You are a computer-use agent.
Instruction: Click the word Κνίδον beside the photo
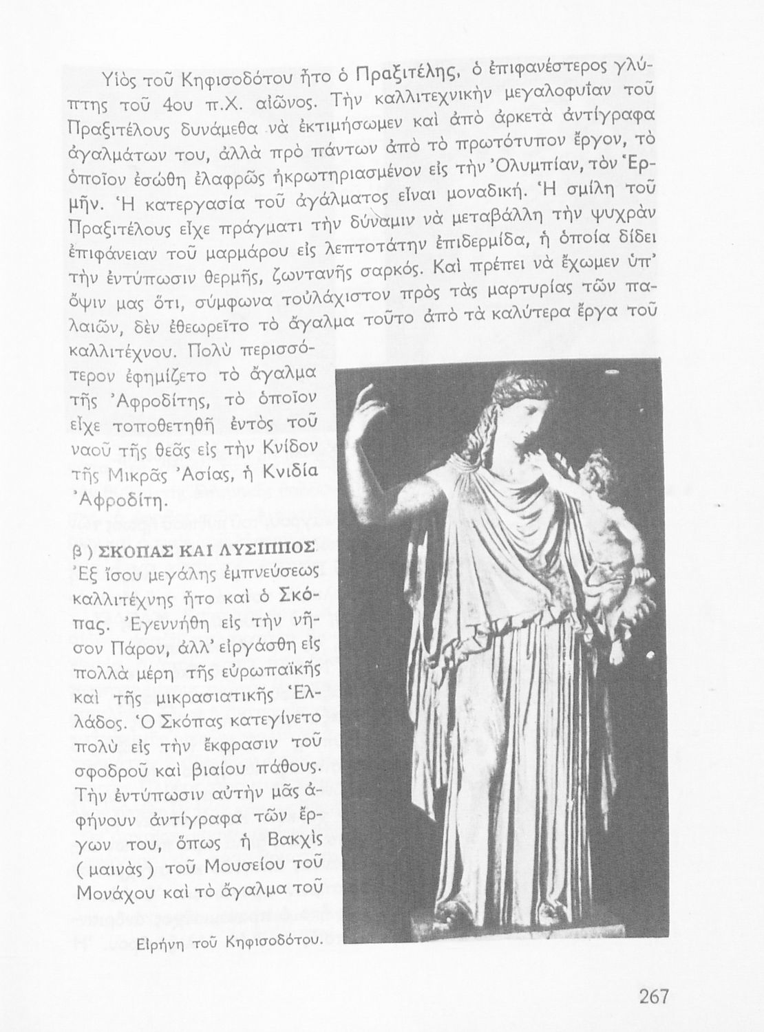(290, 450)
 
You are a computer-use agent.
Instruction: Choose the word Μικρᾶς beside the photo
(146, 475)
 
